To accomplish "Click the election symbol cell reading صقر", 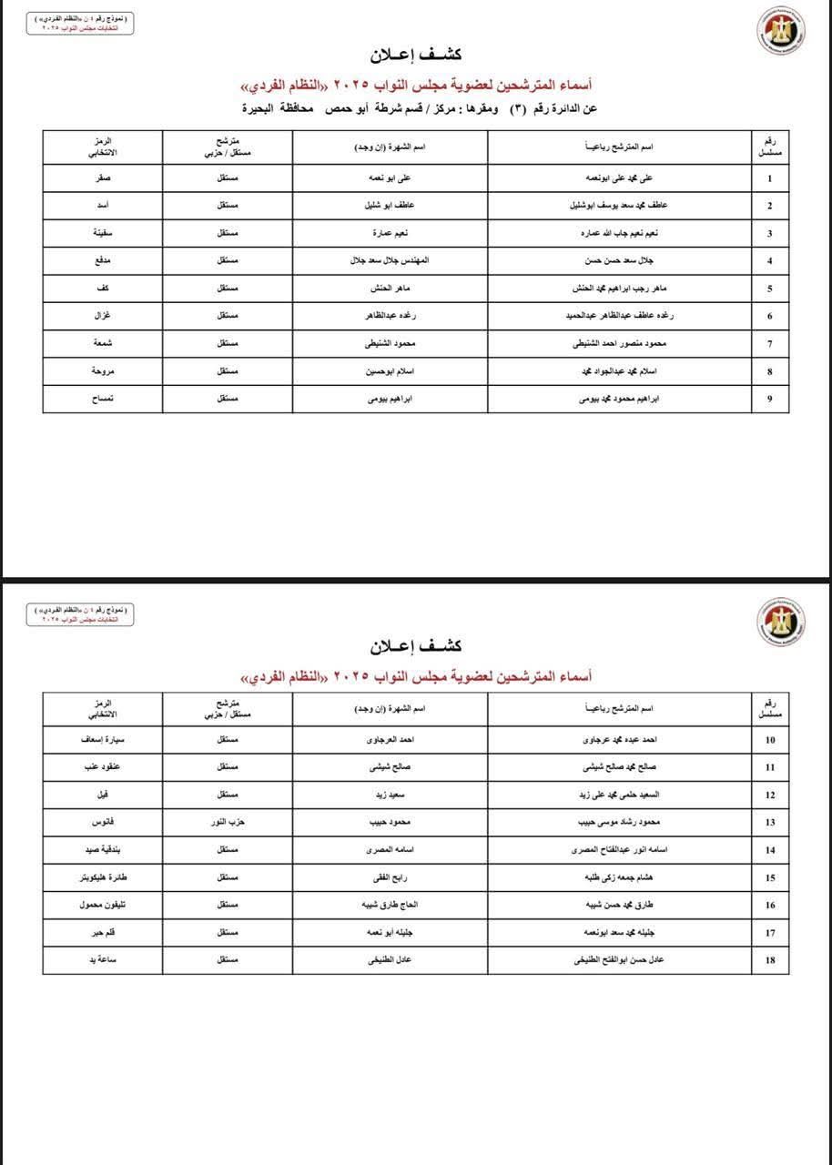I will click(103, 178).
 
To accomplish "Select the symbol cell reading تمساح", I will click(103, 399).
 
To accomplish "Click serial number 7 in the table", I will click(770, 344).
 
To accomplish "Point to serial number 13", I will click(770, 823).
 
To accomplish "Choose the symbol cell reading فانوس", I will click(103, 823).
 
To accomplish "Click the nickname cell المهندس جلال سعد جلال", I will click(390, 261).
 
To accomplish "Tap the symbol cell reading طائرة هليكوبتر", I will click(103, 877).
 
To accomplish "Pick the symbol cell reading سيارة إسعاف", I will click(103, 740).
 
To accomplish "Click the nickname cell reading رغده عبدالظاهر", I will click(390, 316).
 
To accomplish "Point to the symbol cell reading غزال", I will click(103, 316).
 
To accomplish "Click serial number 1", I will click(770, 178).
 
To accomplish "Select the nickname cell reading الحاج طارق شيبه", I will click(390, 906).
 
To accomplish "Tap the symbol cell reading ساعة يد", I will click(103, 960).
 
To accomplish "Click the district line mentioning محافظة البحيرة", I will click(419, 108).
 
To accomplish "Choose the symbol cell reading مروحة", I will click(103, 371).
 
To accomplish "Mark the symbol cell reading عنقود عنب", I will click(103, 767).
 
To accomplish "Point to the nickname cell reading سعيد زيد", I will click(390, 795).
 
